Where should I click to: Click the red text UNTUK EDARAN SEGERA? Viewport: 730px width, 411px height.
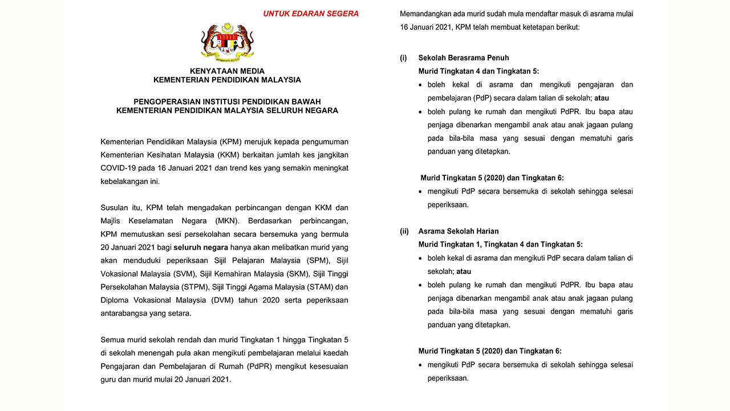(311, 14)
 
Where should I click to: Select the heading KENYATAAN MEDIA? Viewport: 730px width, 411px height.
(227, 71)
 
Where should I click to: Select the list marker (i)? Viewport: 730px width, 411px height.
(403, 58)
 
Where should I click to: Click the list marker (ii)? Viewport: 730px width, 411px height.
(404, 231)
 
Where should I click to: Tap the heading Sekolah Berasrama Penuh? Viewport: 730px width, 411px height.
(463, 58)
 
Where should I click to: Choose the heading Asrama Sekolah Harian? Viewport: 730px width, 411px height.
(458, 231)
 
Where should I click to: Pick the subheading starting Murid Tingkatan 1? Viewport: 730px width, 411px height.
(500, 244)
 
